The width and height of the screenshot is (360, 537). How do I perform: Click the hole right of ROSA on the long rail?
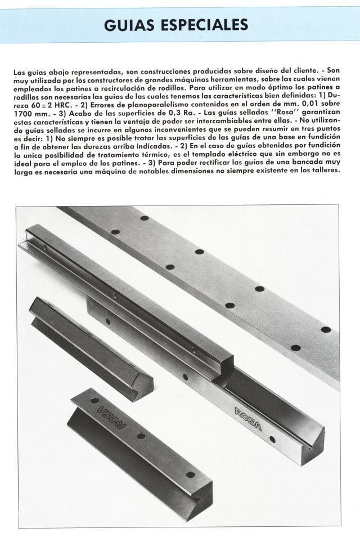tap(273, 439)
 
